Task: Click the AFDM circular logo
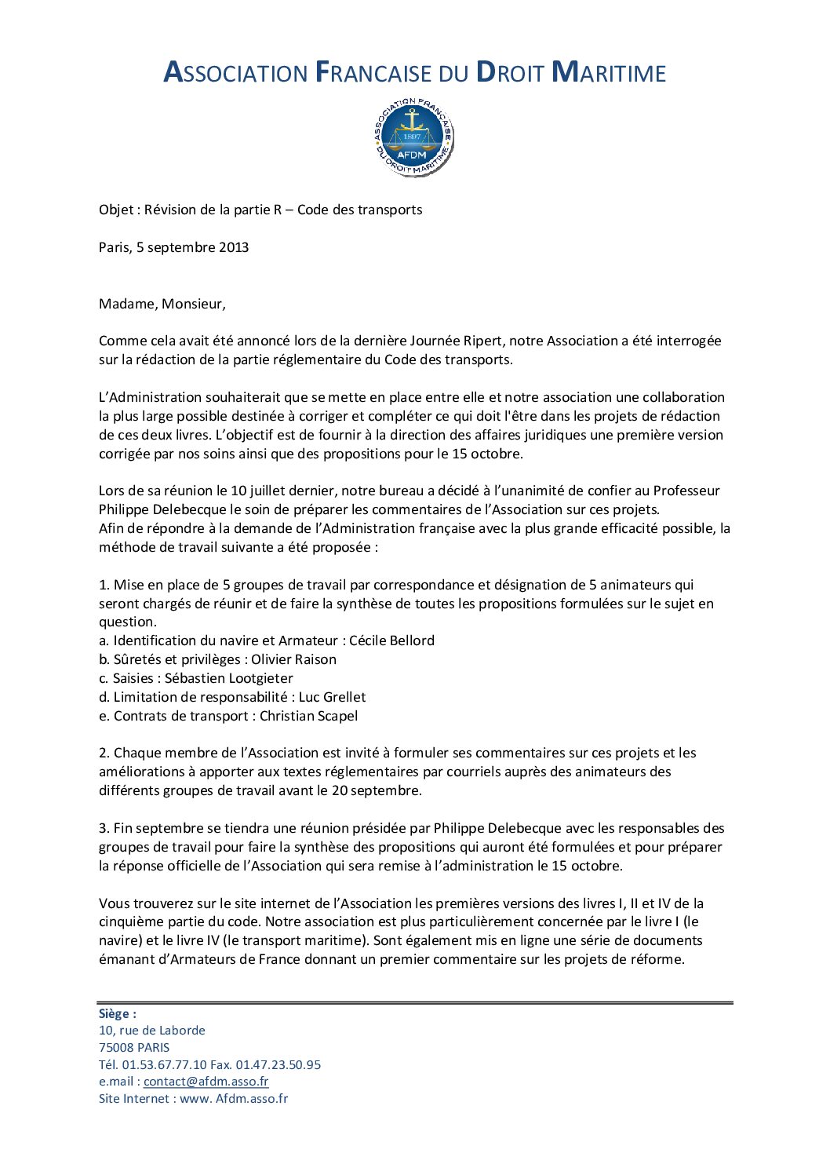(x=413, y=137)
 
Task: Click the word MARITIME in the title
(x=609, y=72)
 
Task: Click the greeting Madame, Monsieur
(x=162, y=304)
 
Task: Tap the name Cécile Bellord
(x=391, y=640)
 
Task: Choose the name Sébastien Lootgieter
(x=228, y=678)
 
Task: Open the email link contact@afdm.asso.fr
(x=206, y=1082)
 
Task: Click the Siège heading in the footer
(x=117, y=1013)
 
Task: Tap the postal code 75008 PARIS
(x=134, y=1048)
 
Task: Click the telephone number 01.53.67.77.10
(x=164, y=1065)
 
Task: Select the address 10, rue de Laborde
(x=151, y=1031)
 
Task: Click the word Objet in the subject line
(x=115, y=210)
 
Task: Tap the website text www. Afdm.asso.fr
(x=234, y=1099)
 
